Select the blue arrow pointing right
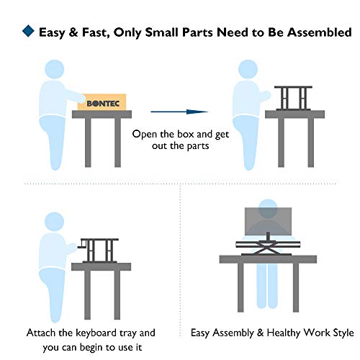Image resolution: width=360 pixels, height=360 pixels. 179,112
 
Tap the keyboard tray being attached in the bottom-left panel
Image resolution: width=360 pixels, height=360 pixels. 86,249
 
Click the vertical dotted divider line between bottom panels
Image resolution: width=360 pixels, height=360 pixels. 179,266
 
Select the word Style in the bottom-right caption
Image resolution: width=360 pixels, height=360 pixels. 341,333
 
